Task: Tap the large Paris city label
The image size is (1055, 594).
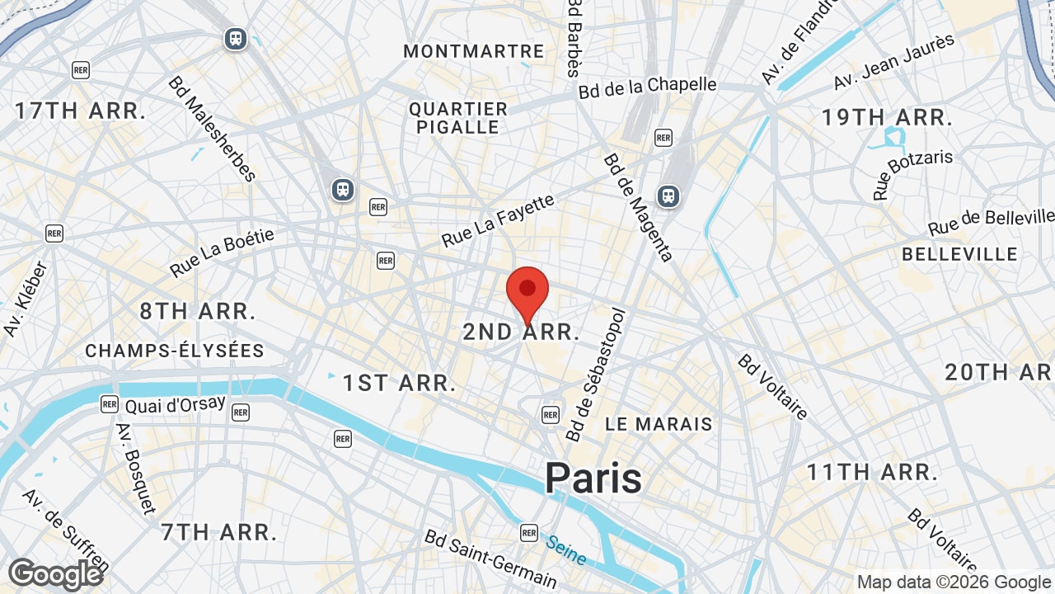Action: click(593, 478)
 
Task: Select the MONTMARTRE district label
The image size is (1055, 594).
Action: click(474, 51)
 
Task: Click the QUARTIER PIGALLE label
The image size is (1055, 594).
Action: click(458, 118)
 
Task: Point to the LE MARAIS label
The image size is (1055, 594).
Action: click(659, 424)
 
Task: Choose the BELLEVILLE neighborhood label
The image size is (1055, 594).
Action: click(959, 254)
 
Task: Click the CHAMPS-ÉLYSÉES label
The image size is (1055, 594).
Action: click(175, 351)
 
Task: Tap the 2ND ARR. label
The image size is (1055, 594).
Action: click(521, 332)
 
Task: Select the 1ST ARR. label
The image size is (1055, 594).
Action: click(400, 383)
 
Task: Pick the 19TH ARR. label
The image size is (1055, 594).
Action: click(887, 117)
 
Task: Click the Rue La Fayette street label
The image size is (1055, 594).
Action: click(499, 220)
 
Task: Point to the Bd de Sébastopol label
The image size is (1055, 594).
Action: click(596, 375)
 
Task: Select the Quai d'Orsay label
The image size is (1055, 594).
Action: click(175, 405)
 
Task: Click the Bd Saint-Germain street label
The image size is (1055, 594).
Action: click(490, 559)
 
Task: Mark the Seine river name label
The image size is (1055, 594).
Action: click(566, 549)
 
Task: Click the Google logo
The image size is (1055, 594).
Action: click(55, 574)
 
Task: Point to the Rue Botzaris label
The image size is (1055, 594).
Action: click(912, 174)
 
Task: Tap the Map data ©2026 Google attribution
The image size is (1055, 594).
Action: click(954, 582)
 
